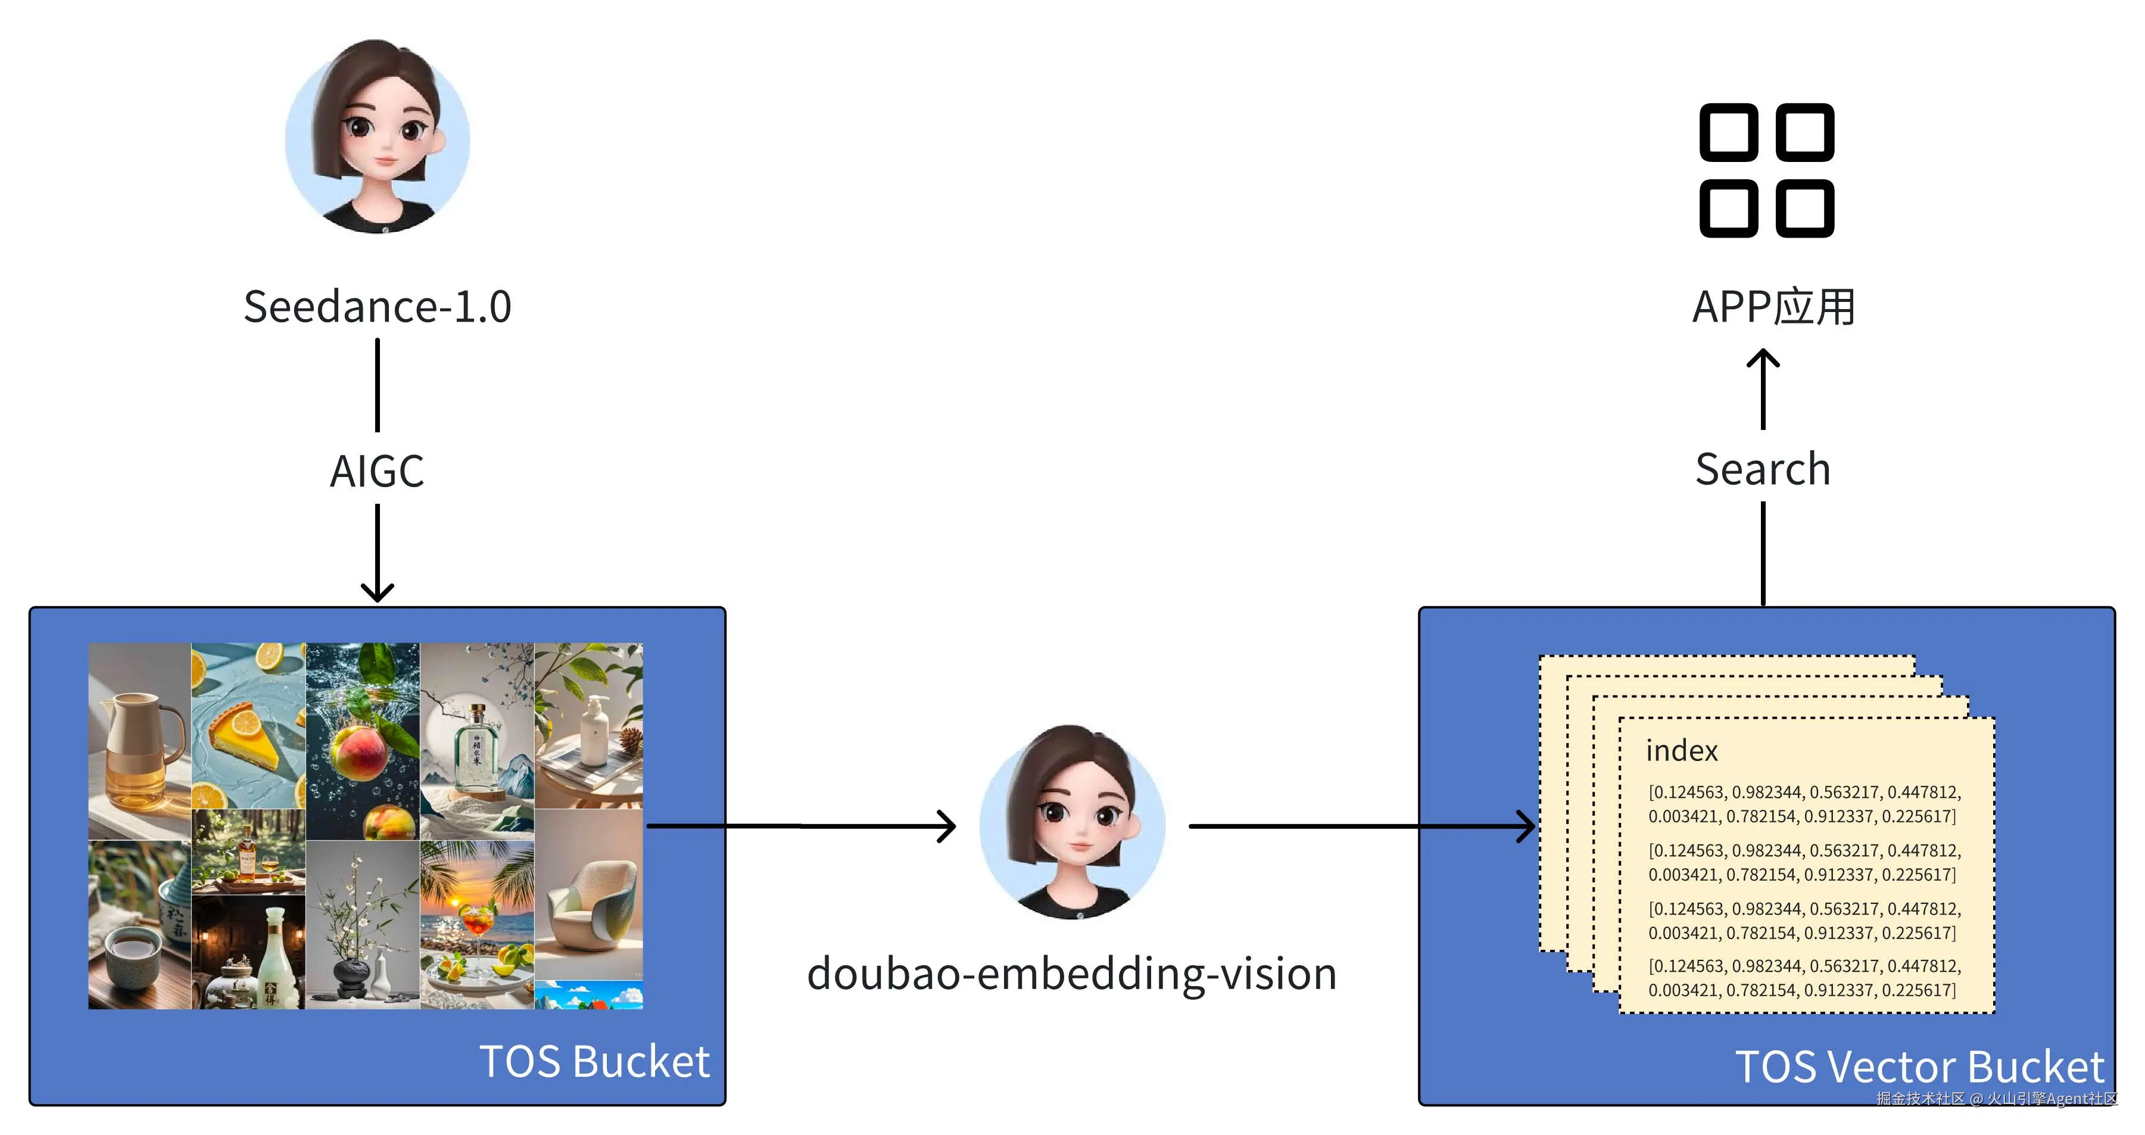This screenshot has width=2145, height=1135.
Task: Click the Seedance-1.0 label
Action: coord(377,307)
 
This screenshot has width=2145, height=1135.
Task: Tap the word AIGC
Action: coord(377,471)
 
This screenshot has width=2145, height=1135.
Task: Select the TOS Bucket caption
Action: coord(594,1062)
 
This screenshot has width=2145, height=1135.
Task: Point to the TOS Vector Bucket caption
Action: coord(1919,1067)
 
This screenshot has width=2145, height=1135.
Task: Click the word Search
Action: coord(1763,469)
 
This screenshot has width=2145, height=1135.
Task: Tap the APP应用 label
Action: coord(1773,307)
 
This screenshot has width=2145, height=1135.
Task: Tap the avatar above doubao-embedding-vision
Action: coord(1072,823)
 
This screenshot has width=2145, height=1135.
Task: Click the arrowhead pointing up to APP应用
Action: coord(1763,358)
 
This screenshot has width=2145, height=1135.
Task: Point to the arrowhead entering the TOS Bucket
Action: coord(377,593)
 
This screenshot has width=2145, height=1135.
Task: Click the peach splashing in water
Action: coord(360,750)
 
